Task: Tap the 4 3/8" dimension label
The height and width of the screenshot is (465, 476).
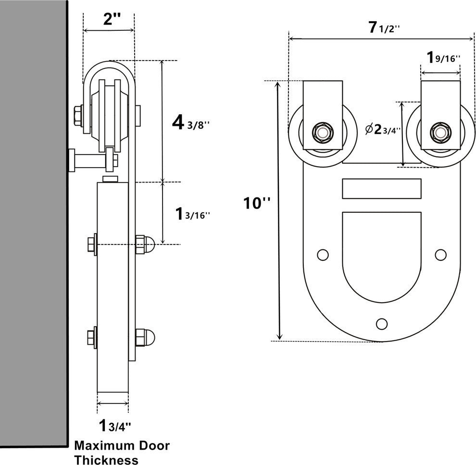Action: (191, 123)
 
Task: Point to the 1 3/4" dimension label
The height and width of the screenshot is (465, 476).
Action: (114, 425)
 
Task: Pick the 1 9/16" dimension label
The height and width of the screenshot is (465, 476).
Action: (443, 58)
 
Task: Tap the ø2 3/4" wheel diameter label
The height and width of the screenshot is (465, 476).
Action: (383, 130)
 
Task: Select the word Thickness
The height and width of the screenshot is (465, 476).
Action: (106, 459)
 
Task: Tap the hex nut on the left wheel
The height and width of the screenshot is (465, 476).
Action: (320, 131)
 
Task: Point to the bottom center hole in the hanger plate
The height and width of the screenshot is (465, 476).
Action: (382, 324)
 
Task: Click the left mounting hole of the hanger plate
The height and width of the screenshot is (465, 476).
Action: (323, 255)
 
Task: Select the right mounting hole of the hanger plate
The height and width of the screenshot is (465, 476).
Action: (440, 255)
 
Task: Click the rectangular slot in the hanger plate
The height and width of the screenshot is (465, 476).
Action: (382, 188)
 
